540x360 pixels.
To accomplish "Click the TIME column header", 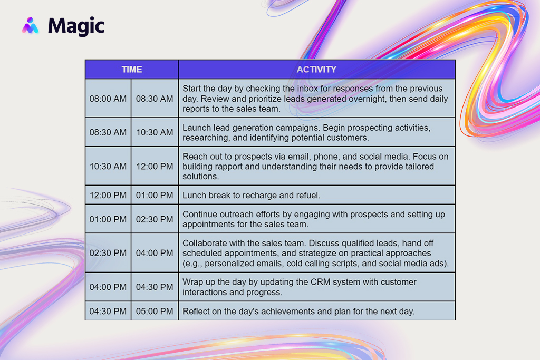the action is pyautogui.click(x=132, y=70).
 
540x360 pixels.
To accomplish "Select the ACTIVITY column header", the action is pyautogui.click(x=317, y=70).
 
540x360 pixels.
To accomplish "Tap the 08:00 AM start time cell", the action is pyautogui.click(x=108, y=99).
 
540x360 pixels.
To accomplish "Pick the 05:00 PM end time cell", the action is pyautogui.click(x=155, y=312).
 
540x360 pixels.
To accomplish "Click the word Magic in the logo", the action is pyautogui.click(x=76, y=26).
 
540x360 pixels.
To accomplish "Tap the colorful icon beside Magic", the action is pyautogui.click(x=30, y=25).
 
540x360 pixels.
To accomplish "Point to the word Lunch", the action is pyautogui.click(x=194, y=196).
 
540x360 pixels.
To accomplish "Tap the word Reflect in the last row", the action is pyautogui.click(x=196, y=312).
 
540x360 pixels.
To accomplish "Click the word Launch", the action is pyautogui.click(x=196, y=128).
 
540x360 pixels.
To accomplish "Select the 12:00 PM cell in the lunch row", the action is pyautogui.click(x=108, y=196).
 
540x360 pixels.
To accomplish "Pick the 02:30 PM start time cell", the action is pyautogui.click(x=108, y=253).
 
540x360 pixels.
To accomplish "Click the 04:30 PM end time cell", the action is pyautogui.click(x=155, y=287).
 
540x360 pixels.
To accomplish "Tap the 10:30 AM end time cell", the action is pyautogui.click(x=155, y=132).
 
